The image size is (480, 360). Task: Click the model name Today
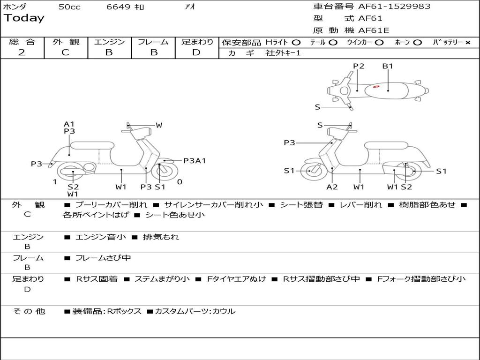24,18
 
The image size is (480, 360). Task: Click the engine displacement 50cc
69,7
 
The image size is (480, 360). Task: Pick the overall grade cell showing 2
22,52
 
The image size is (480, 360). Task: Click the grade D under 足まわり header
196,52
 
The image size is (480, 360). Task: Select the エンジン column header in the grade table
109,42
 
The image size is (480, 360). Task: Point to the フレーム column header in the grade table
153,42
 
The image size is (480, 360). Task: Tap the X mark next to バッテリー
467,42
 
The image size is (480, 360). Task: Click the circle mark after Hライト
296,42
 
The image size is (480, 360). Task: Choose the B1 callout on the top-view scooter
388,66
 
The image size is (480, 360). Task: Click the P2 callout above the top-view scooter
359,66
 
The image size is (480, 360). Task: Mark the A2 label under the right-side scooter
332,187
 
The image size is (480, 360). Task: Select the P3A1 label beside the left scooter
195,161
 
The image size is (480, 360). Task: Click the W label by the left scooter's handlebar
159,125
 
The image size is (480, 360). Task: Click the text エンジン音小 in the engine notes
101,237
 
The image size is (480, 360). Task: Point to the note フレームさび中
103,258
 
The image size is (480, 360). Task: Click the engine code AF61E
374,30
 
